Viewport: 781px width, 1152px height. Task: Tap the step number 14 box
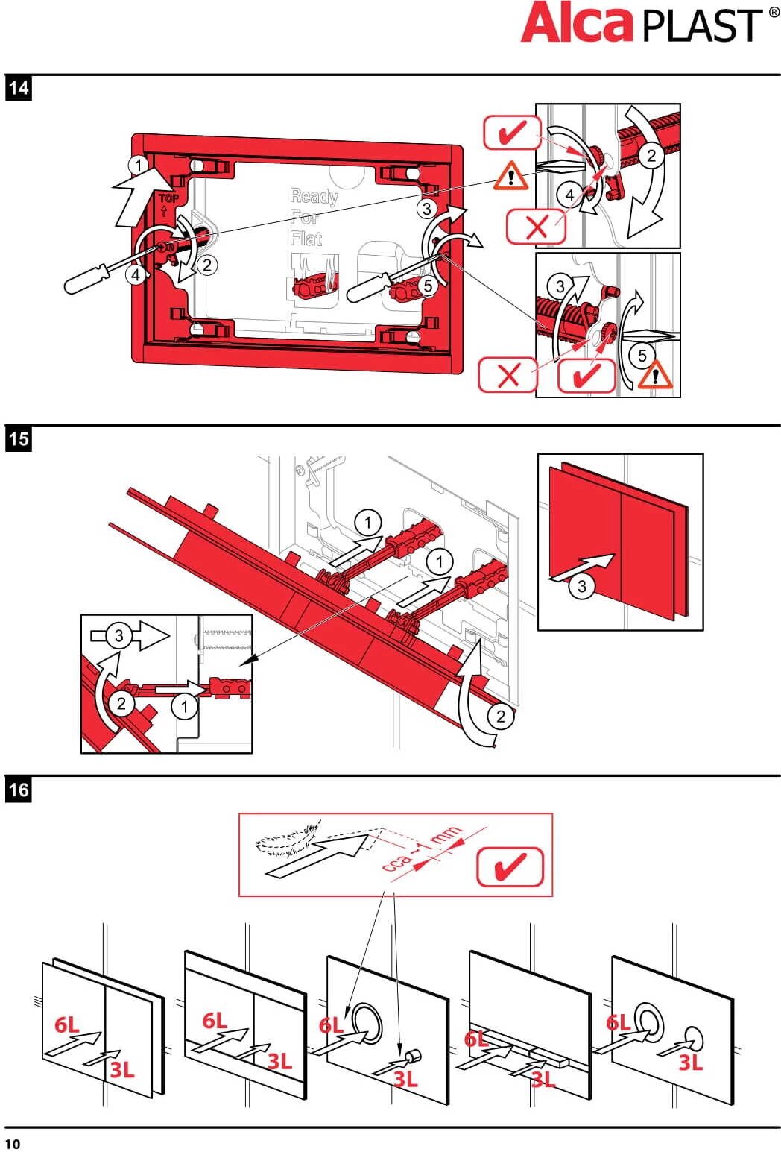click(x=18, y=88)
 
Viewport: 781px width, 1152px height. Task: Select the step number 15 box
click(x=18, y=438)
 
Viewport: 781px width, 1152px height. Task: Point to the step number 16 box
click(x=18, y=789)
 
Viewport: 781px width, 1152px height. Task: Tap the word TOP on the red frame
click(x=168, y=198)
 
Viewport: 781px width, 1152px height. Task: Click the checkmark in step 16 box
click(x=510, y=867)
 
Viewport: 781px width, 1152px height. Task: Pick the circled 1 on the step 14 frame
click(x=138, y=164)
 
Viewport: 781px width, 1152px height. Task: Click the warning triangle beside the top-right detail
click(x=510, y=176)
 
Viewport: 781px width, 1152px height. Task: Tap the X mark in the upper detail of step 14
click(x=536, y=227)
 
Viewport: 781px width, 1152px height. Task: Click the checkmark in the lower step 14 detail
click(x=587, y=374)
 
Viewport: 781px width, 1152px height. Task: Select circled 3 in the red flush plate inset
click(x=582, y=586)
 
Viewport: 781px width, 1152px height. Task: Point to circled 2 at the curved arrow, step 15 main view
click(x=501, y=717)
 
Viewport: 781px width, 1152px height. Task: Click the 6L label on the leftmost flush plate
click(x=66, y=1025)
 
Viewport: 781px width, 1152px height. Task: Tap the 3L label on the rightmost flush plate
click(x=689, y=1063)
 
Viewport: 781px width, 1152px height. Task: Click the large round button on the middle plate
click(x=366, y=1022)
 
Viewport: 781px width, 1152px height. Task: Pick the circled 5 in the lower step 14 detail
click(x=642, y=356)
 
